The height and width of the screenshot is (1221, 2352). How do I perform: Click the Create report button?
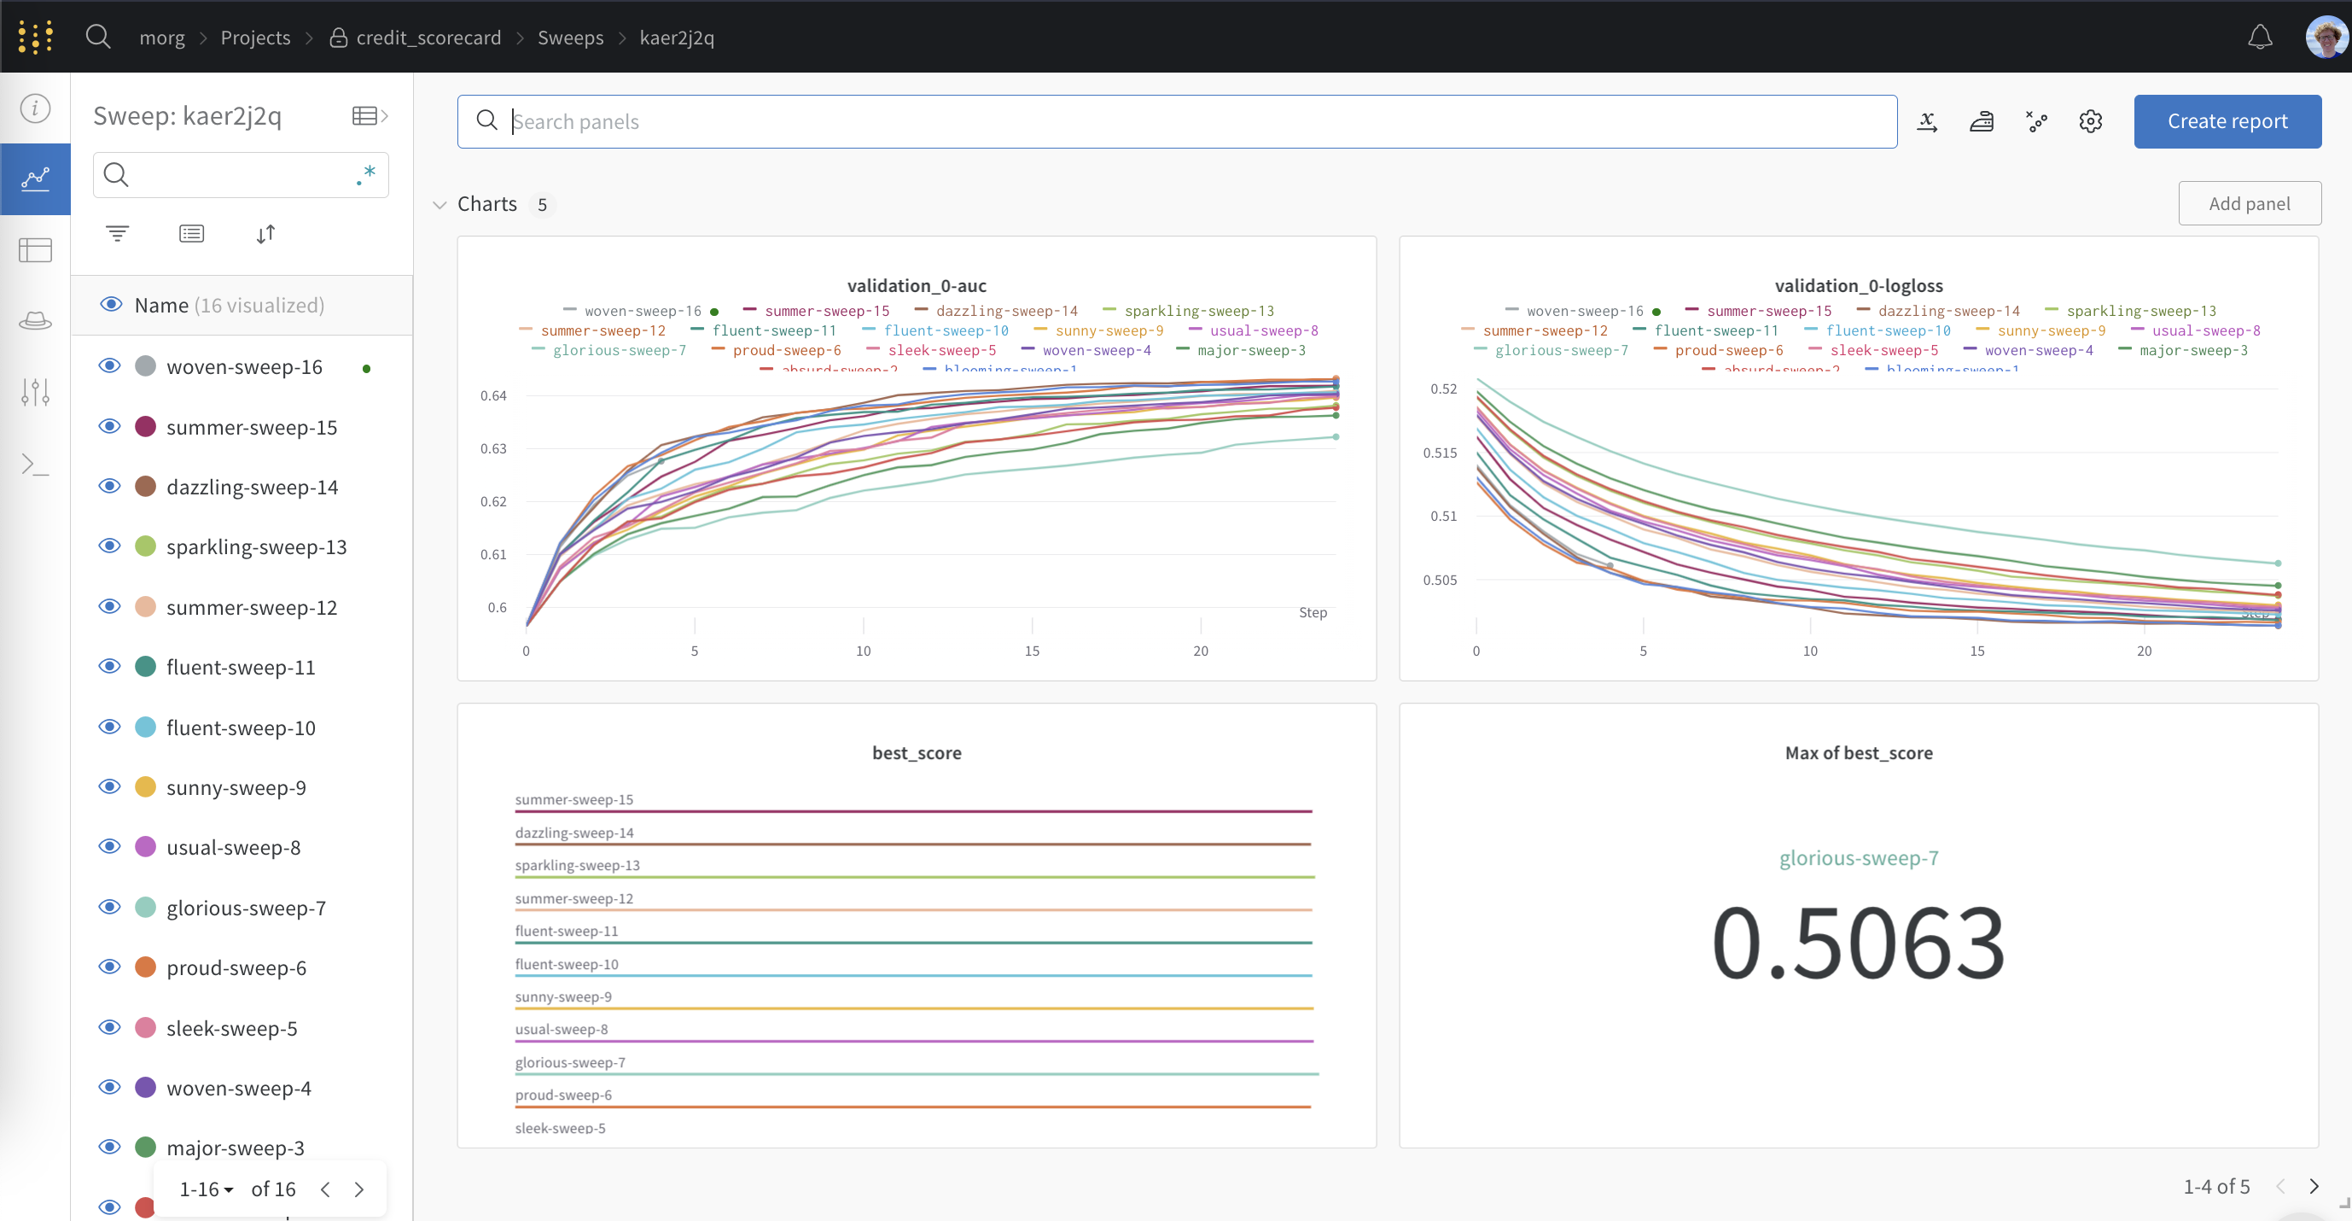coord(2227,121)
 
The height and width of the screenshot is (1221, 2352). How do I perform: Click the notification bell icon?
coord(2260,38)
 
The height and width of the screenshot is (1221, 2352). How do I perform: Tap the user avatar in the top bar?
coord(2325,38)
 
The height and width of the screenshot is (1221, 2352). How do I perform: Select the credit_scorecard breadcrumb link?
coord(428,38)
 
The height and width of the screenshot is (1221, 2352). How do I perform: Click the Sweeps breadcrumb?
coord(571,38)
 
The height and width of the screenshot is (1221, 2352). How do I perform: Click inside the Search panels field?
coord(1187,121)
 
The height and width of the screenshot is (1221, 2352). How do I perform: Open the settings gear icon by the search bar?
coord(2090,121)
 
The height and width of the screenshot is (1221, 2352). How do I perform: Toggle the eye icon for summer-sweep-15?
coord(109,426)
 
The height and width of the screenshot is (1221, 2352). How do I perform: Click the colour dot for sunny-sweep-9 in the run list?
coord(145,787)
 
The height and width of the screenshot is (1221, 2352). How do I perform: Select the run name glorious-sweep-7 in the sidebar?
coord(246,908)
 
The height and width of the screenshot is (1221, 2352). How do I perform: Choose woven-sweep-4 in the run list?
coord(238,1088)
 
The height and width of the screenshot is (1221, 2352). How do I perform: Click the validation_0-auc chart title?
coord(916,286)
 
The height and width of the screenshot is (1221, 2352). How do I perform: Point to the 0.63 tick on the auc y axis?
coord(493,448)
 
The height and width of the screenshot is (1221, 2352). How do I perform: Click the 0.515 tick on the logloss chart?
coord(1439,453)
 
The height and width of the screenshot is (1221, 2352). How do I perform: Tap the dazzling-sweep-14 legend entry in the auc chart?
coord(1005,312)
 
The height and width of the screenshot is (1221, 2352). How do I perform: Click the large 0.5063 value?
coord(1858,942)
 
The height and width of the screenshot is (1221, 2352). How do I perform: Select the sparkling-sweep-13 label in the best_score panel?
coord(577,865)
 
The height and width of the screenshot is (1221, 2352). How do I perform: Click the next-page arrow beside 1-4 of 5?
coord(2314,1186)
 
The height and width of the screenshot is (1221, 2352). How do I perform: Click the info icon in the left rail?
coord(36,108)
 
